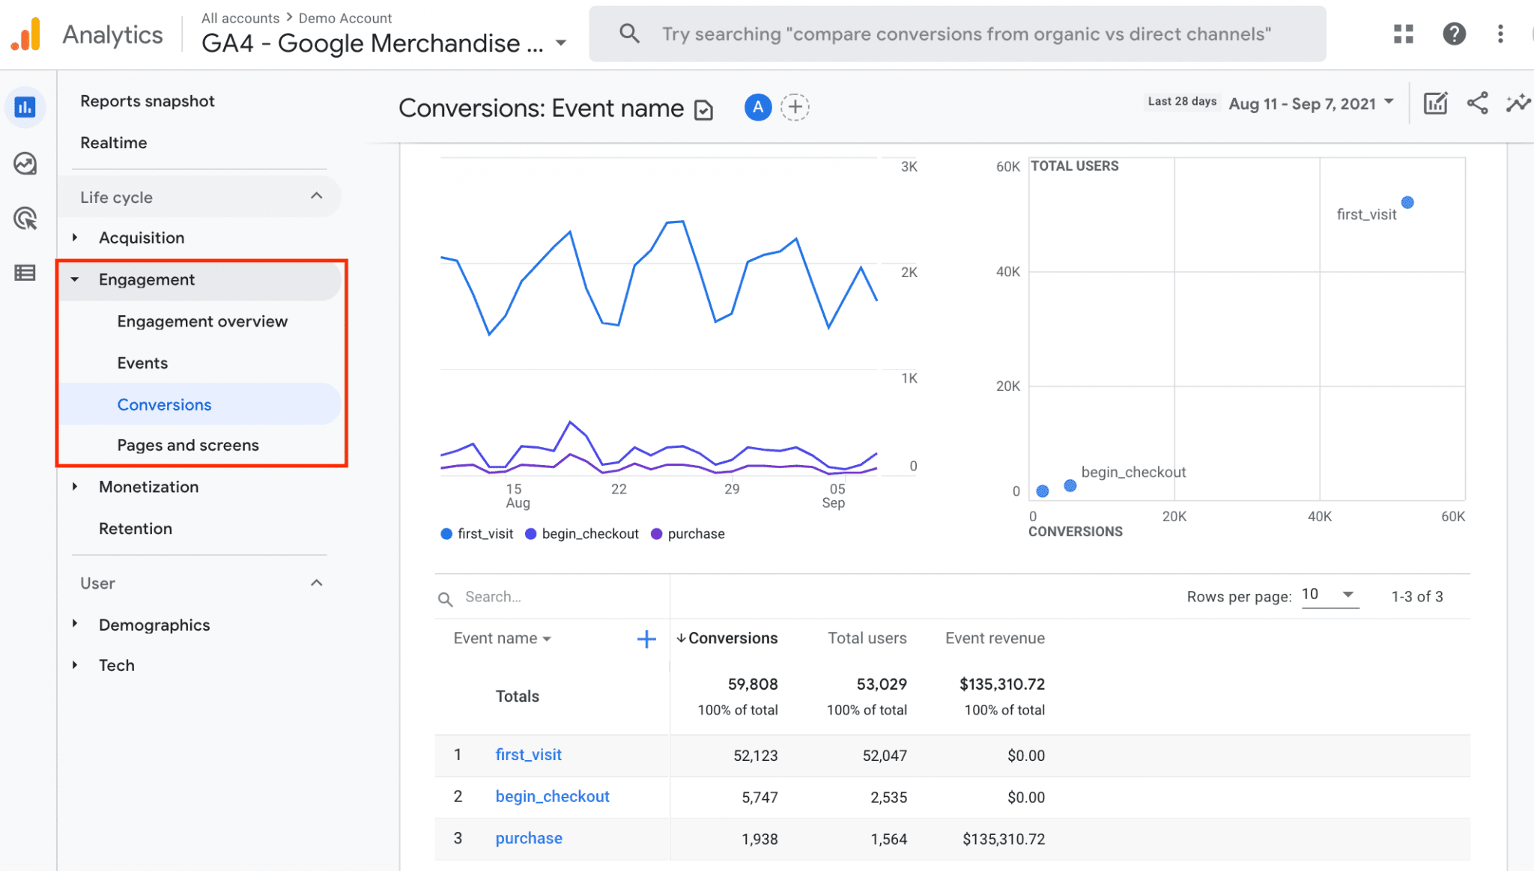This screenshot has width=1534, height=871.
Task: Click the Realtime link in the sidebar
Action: click(113, 142)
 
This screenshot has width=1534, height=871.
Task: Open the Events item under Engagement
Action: click(142, 362)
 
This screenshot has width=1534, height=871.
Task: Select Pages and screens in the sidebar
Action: click(187, 445)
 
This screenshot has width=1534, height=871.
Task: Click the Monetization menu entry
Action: click(148, 487)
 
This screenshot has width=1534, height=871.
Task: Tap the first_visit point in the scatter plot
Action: click(1407, 202)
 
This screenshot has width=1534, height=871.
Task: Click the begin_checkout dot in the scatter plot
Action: click(1070, 486)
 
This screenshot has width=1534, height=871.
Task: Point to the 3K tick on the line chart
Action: click(909, 166)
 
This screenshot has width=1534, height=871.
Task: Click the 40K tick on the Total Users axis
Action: click(1007, 272)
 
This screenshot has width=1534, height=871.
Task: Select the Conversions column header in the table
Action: click(732, 638)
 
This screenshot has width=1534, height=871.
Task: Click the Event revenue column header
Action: click(995, 638)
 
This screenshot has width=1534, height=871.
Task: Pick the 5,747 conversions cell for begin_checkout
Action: click(760, 797)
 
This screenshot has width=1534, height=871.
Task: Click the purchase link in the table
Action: click(529, 838)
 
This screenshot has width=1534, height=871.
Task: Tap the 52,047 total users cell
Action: click(884, 755)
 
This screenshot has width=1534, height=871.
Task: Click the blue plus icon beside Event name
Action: click(646, 639)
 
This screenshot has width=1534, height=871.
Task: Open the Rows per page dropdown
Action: click(1330, 595)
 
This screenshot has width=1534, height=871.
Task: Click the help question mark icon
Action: click(1454, 34)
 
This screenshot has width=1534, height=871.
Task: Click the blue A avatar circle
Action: click(758, 107)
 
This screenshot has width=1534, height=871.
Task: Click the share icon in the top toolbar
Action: click(1477, 103)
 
